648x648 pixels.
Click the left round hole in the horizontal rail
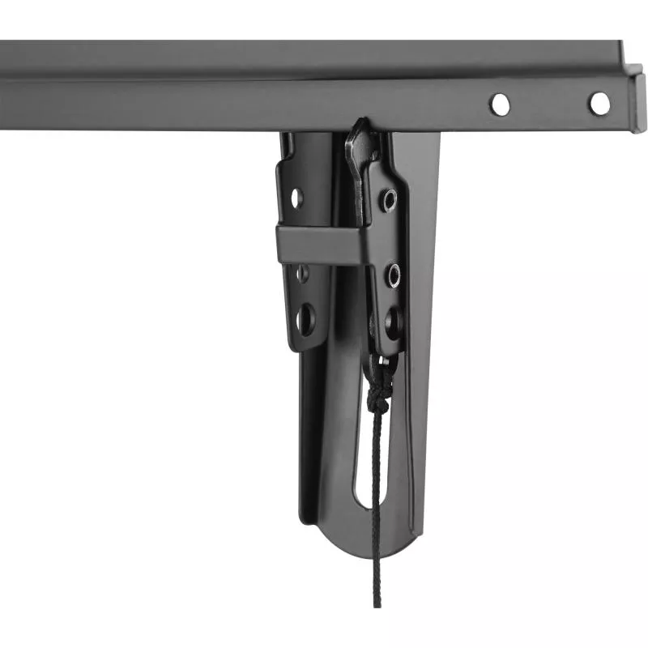[500, 104]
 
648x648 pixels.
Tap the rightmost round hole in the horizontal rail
[599, 104]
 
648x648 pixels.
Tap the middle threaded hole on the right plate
[393, 275]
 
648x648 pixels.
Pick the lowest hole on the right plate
[394, 322]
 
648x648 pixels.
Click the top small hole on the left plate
[296, 196]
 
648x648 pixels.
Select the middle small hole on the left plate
[301, 273]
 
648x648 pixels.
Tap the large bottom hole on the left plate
[305, 318]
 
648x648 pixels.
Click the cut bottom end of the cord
[377, 603]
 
